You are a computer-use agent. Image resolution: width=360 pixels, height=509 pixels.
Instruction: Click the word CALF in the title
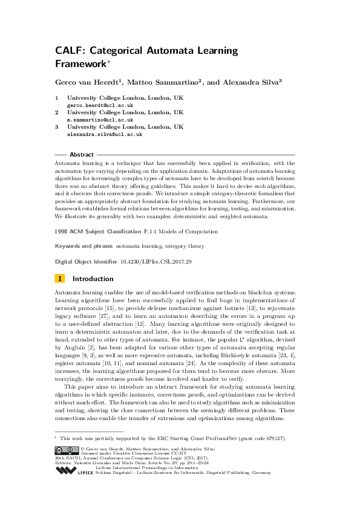pyautogui.click(x=70, y=51)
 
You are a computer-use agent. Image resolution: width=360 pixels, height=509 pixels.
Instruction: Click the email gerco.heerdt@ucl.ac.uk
pyautogui.click(x=97, y=105)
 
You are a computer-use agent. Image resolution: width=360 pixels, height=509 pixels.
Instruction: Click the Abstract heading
pyautogui.click(x=82, y=155)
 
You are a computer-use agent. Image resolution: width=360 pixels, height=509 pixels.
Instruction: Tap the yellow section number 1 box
pyautogui.click(x=60, y=279)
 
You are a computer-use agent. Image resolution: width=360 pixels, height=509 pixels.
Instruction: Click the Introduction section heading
pyautogui.click(x=93, y=279)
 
